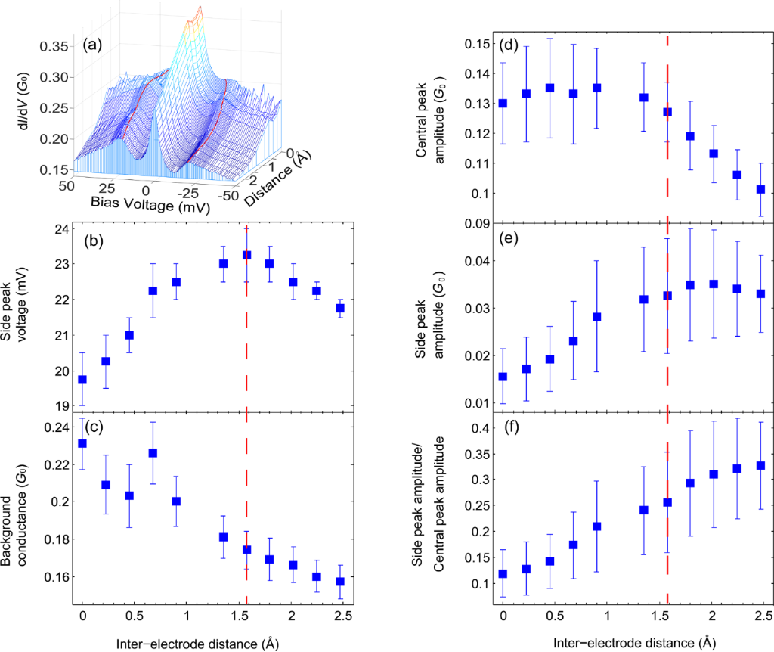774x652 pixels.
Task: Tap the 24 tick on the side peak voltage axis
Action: tap(64, 228)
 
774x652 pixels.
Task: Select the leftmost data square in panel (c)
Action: tap(82, 443)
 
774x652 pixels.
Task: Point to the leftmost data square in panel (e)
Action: tap(503, 377)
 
